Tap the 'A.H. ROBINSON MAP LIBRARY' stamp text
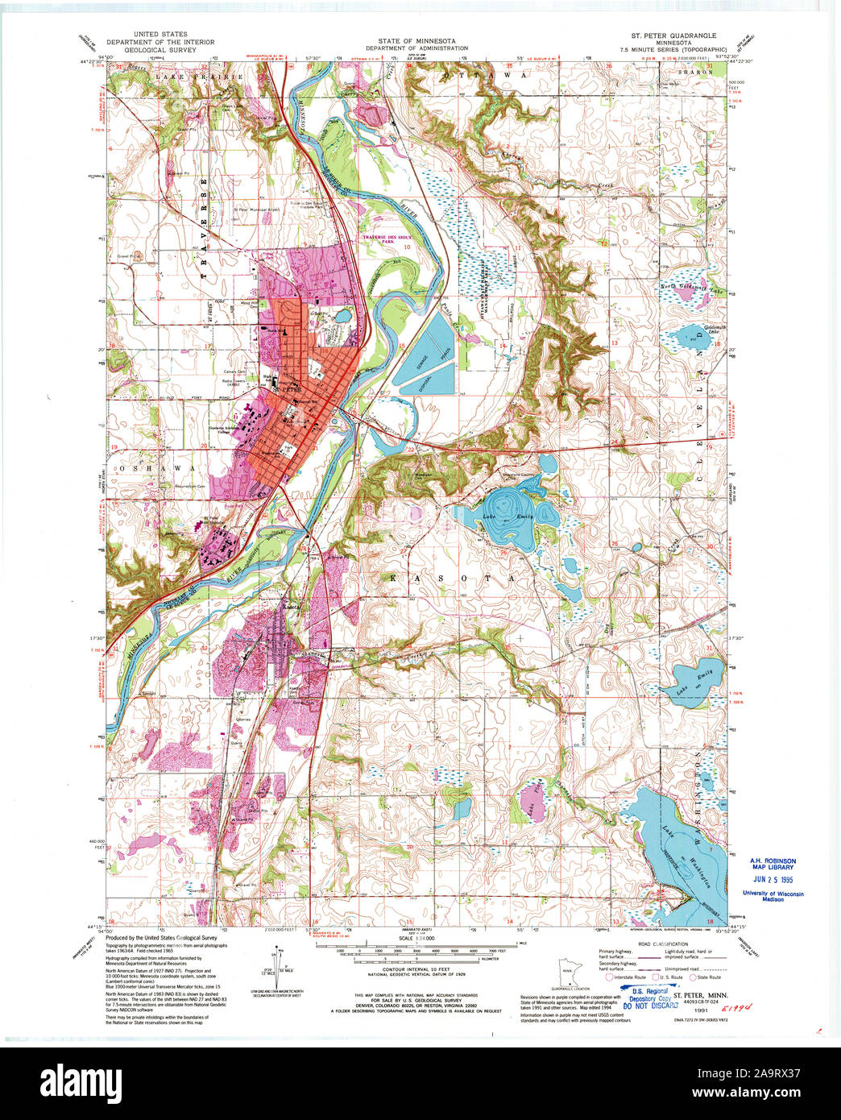coord(772,864)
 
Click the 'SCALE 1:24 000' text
coord(413,939)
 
